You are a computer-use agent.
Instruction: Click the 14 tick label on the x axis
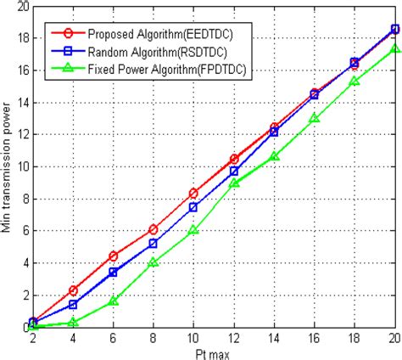pos(273,338)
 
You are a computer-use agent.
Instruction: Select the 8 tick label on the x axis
pos(154,338)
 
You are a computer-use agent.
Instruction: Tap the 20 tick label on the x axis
pos(393,338)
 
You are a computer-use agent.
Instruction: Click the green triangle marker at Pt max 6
pos(113,301)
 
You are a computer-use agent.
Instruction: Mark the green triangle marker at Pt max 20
pos(394,49)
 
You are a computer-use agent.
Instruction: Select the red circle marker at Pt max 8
pos(154,229)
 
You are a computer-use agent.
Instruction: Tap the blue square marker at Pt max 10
pos(193,207)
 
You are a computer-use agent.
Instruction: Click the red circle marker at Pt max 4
pos(73,290)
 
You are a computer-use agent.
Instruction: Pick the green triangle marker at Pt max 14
pos(273,156)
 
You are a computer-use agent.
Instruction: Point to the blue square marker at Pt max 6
pos(113,272)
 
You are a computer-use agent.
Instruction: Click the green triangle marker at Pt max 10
pos(193,230)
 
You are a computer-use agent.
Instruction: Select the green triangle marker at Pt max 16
pos(314,119)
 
